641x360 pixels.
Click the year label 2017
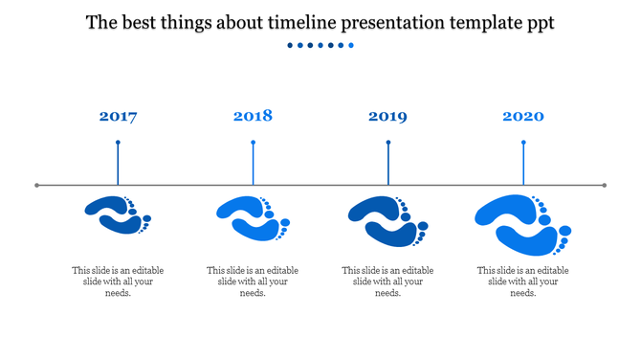pyautogui.click(x=118, y=117)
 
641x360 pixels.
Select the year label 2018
pyautogui.click(x=253, y=116)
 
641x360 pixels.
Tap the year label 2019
pyautogui.click(x=387, y=117)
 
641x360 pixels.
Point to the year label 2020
pyautogui.click(x=523, y=117)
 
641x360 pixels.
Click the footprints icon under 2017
pyautogui.click(x=118, y=214)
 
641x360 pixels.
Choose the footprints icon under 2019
pyautogui.click(x=387, y=220)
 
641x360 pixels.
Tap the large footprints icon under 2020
pyautogui.click(x=522, y=224)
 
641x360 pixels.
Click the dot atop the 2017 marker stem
pyautogui.click(x=118, y=143)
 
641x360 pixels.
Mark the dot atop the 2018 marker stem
pyautogui.click(x=253, y=143)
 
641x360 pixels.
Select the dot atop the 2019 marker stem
pyautogui.click(x=388, y=143)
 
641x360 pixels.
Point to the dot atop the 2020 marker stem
pyautogui.click(x=523, y=143)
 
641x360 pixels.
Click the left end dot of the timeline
pyautogui.click(x=37, y=185)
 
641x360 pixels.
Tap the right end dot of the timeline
pyautogui.click(x=605, y=185)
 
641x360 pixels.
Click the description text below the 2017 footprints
pyautogui.click(x=118, y=281)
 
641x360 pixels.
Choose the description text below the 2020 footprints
pyautogui.click(x=522, y=281)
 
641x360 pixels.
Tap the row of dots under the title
pyautogui.click(x=320, y=45)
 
